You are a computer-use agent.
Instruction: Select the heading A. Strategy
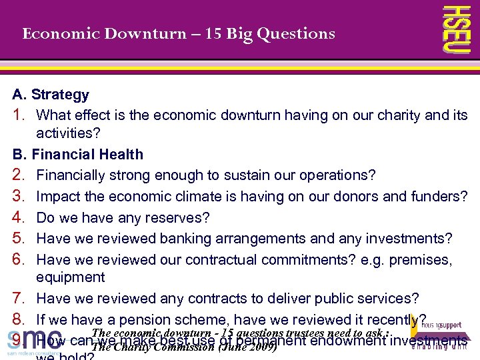click(51, 95)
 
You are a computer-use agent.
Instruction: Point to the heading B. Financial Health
click(78, 154)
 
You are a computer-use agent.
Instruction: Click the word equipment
click(71, 277)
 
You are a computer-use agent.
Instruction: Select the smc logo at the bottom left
click(33, 340)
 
